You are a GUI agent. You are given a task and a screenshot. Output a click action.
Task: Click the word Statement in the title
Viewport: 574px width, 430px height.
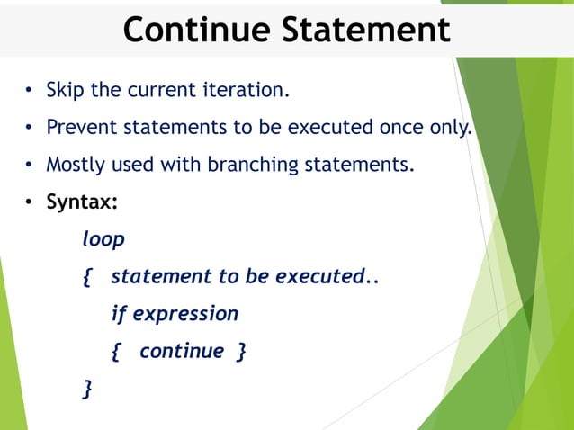(x=364, y=30)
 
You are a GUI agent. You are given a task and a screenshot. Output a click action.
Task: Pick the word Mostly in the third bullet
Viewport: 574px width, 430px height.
(x=76, y=166)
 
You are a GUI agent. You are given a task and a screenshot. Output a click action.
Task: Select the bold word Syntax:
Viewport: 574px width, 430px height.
(x=82, y=202)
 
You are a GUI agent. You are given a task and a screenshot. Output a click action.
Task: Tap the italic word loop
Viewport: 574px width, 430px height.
(x=103, y=240)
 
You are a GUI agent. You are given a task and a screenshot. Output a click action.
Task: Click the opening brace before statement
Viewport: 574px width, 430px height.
(x=87, y=277)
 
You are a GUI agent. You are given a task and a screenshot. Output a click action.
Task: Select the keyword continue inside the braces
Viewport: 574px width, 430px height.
(x=181, y=351)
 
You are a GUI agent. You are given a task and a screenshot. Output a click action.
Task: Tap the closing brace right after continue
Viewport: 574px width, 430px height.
(x=240, y=352)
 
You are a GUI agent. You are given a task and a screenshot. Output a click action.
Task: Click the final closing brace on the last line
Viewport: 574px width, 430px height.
(x=87, y=389)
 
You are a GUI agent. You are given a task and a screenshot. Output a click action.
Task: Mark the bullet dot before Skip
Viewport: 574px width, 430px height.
(x=29, y=91)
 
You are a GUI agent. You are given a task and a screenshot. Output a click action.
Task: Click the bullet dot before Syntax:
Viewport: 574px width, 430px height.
(x=29, y=203)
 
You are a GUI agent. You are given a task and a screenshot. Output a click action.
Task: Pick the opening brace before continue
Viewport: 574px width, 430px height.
(x=116, y=352)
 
